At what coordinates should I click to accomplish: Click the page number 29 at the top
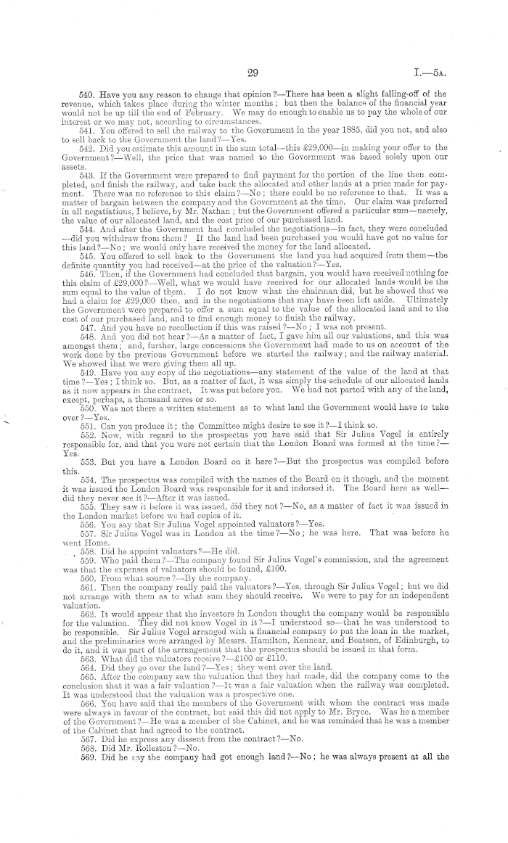pos(253,71)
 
